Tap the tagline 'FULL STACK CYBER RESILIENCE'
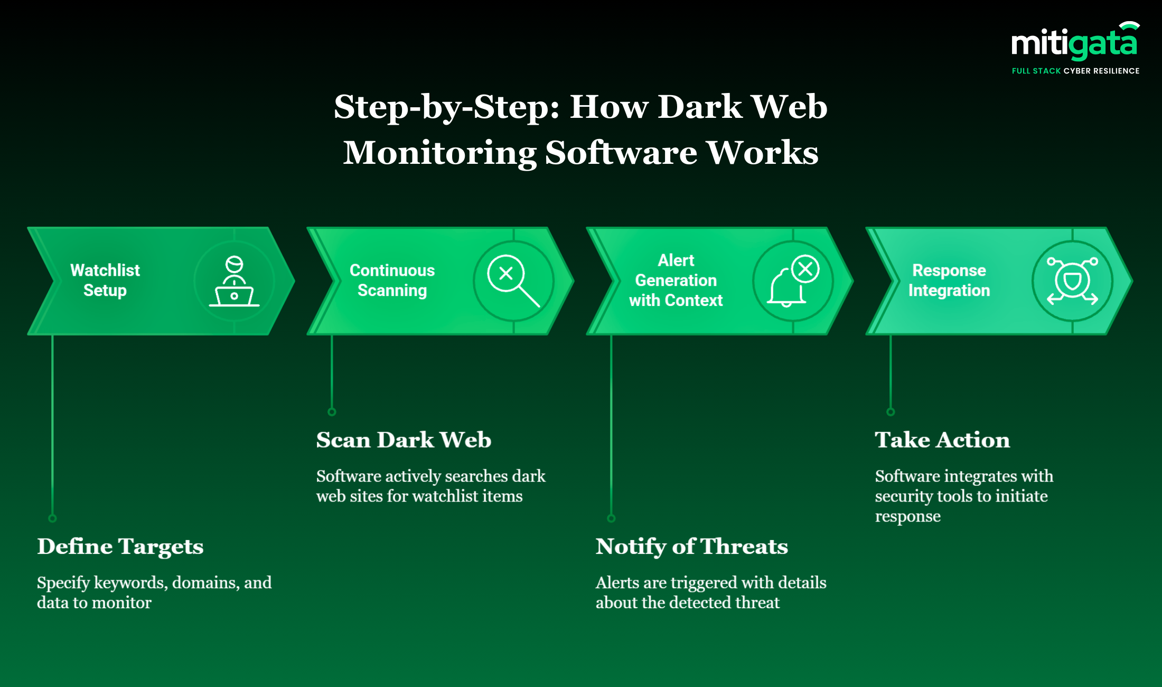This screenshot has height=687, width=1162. click(1075, 71)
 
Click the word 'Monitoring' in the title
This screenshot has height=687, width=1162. click(439, 153)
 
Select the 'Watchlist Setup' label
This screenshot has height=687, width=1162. click(105, 280)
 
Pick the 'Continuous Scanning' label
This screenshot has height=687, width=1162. click(392, 280)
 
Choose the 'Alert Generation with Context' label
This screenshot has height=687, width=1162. click(676, 280)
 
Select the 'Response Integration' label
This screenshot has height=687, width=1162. click(949, 280)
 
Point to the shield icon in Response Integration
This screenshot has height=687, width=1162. click(1072, 281)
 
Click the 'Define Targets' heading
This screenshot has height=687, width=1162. click(120, 546)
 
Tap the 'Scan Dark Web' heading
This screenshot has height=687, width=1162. click(404, 440)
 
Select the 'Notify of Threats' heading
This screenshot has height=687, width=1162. click(691, 546)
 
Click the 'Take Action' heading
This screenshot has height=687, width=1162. click(942, 440)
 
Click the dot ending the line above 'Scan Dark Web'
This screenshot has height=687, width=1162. click(332, 412)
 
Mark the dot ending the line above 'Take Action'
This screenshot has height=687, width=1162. click(891, 412)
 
